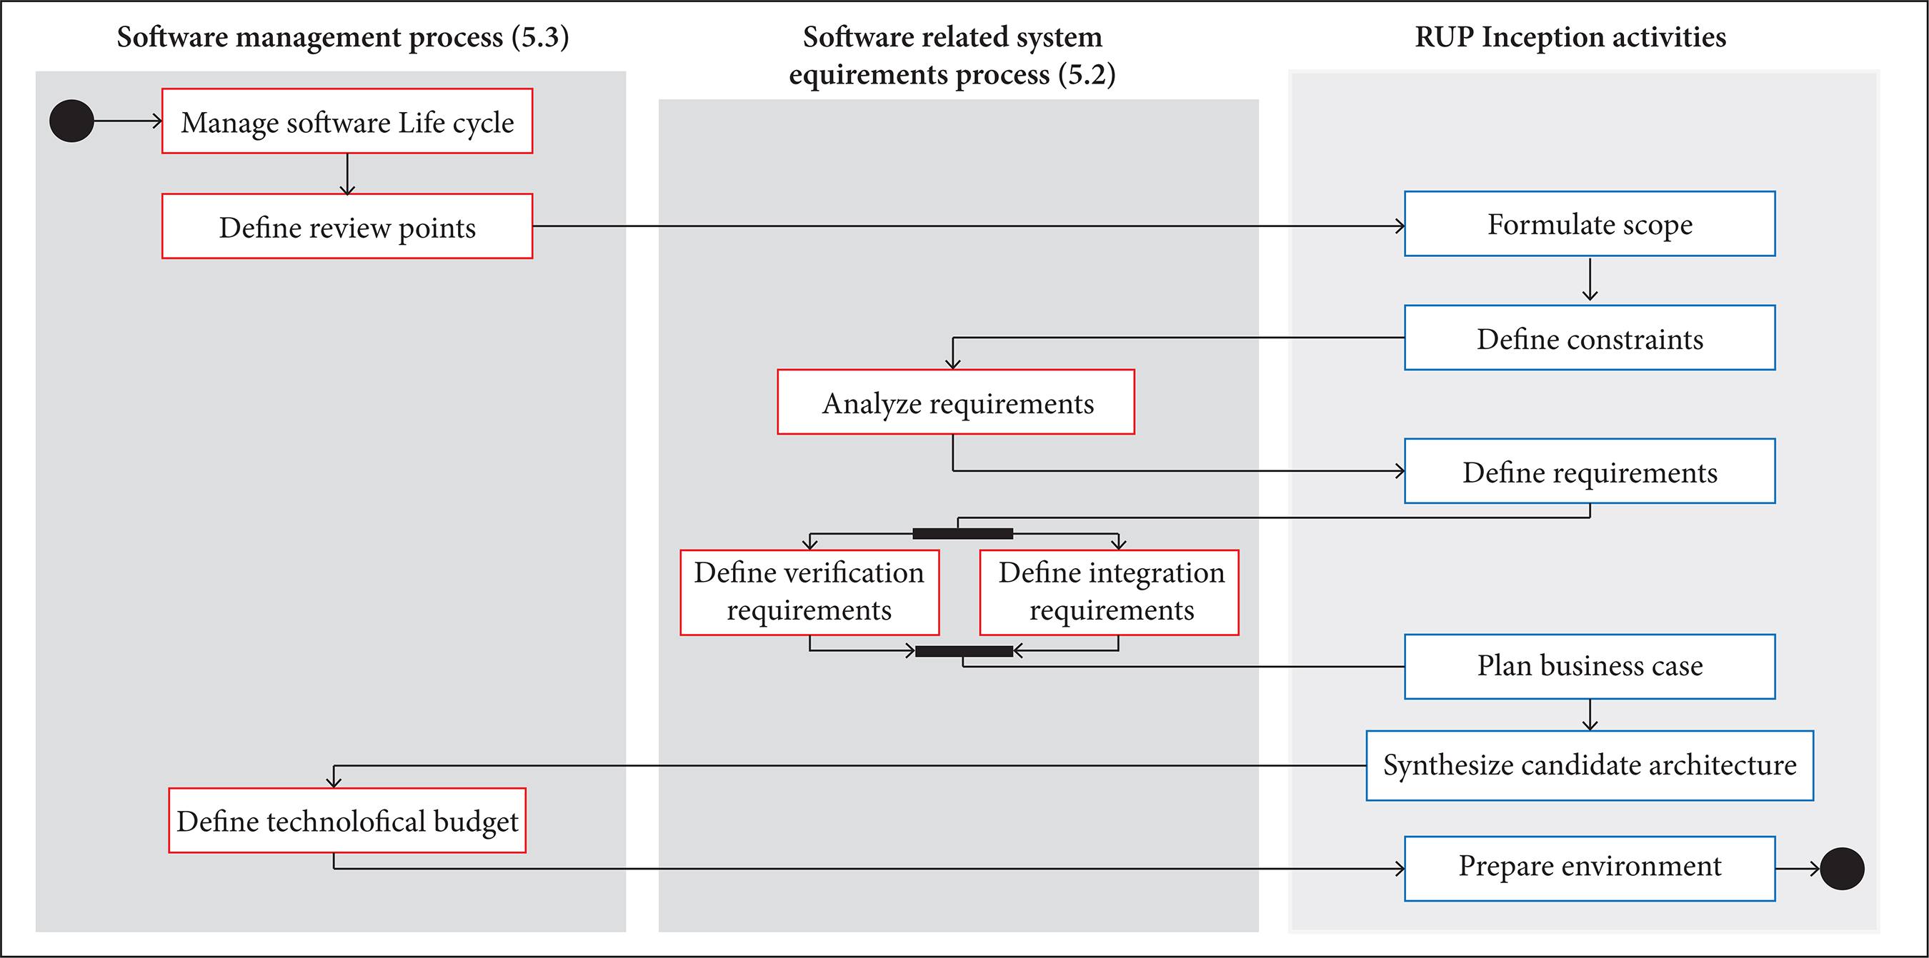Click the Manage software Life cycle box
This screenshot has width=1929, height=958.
[347, 121]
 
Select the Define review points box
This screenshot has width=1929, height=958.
[347, 226]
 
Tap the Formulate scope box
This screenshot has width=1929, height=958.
[1589, 223]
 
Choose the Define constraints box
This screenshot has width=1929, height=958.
[1589, 338]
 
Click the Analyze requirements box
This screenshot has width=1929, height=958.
[955, 402]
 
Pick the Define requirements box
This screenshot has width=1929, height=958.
[1589, 470]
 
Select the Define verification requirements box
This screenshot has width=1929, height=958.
[809, 592]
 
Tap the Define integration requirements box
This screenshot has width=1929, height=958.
[1109, 592]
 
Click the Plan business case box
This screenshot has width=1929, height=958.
[1589, 666]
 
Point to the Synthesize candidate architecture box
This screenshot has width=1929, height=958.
[1589, 765]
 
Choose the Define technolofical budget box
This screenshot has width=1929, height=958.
[347, 820]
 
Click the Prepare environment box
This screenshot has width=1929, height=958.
[1589, 868]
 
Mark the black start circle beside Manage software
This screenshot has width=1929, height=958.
[72, 121]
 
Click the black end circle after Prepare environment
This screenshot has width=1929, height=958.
[1841, 868]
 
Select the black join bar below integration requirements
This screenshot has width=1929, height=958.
[964, 651]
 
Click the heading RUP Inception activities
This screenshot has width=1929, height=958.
[1570, 36]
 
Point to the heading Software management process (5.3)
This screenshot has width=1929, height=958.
[343, 36]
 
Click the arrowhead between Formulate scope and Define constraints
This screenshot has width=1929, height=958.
[1590, 296]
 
